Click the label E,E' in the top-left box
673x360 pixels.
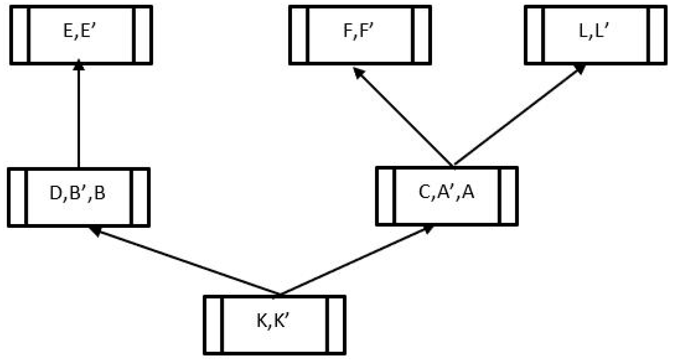pos(80,31)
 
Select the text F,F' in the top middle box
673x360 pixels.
pos(358,31)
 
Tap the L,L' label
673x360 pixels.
pos(594,31)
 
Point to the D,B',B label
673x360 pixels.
pos(78,193)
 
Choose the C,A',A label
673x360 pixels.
pos(446,192)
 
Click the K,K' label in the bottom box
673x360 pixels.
pos(273,321)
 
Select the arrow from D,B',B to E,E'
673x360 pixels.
pos(79,116)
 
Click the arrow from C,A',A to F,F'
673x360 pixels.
pos(404,116)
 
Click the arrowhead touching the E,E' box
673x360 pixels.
pos(79,65)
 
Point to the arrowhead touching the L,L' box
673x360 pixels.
pos(580,69)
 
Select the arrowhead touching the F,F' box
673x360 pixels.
pos(358,72)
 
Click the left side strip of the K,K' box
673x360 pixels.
pos(213,325)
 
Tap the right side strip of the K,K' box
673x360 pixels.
pos(336,325)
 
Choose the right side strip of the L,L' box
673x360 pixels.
pos(657,35)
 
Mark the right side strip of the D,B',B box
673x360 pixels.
pos(140,197)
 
